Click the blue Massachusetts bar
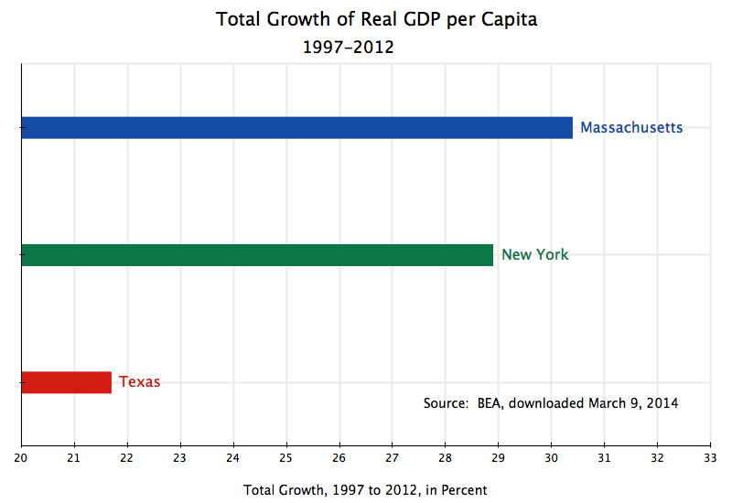click(x=296, y=128)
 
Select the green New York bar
click(x=257, y=255)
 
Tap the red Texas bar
click(x=66, y=382)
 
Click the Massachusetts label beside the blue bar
click(x=631, y=128)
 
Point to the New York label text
click(x=534, y=255)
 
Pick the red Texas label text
click(x=139, y=382)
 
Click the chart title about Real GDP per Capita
click(x=376, y=19)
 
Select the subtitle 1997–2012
click(x=348, y=47)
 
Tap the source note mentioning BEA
click(x=551, y=402)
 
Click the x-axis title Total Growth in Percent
click(x=365, y=490)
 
